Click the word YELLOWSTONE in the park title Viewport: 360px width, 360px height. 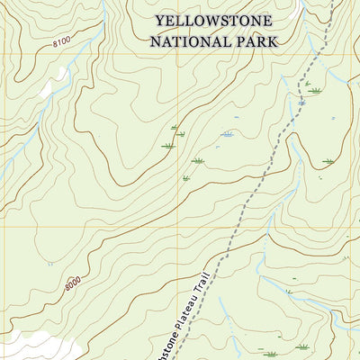[x=214, y=20]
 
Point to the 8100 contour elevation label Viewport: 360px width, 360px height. [x=60, y=42]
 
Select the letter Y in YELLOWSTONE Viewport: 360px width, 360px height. [x=160, y=20]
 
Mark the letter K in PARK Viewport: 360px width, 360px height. [x=273, y=41]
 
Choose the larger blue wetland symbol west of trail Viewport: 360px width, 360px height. [x=227, y=135]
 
